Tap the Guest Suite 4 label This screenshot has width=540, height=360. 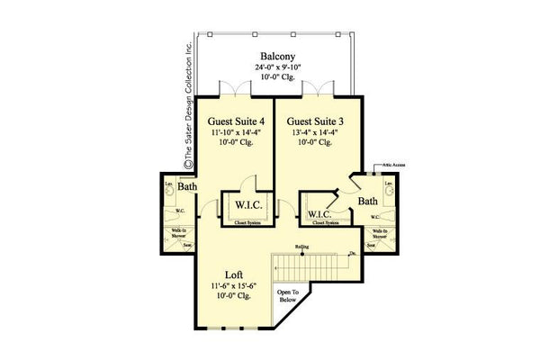coord(236,121)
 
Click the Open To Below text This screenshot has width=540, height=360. coord(290,297)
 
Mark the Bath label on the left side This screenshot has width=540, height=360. coord(186,187)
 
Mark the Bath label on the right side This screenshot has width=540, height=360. coord(367,202)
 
